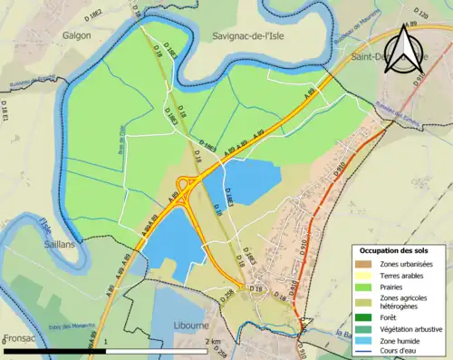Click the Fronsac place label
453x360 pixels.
pos(19,337)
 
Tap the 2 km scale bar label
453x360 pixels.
pos(213,341)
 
